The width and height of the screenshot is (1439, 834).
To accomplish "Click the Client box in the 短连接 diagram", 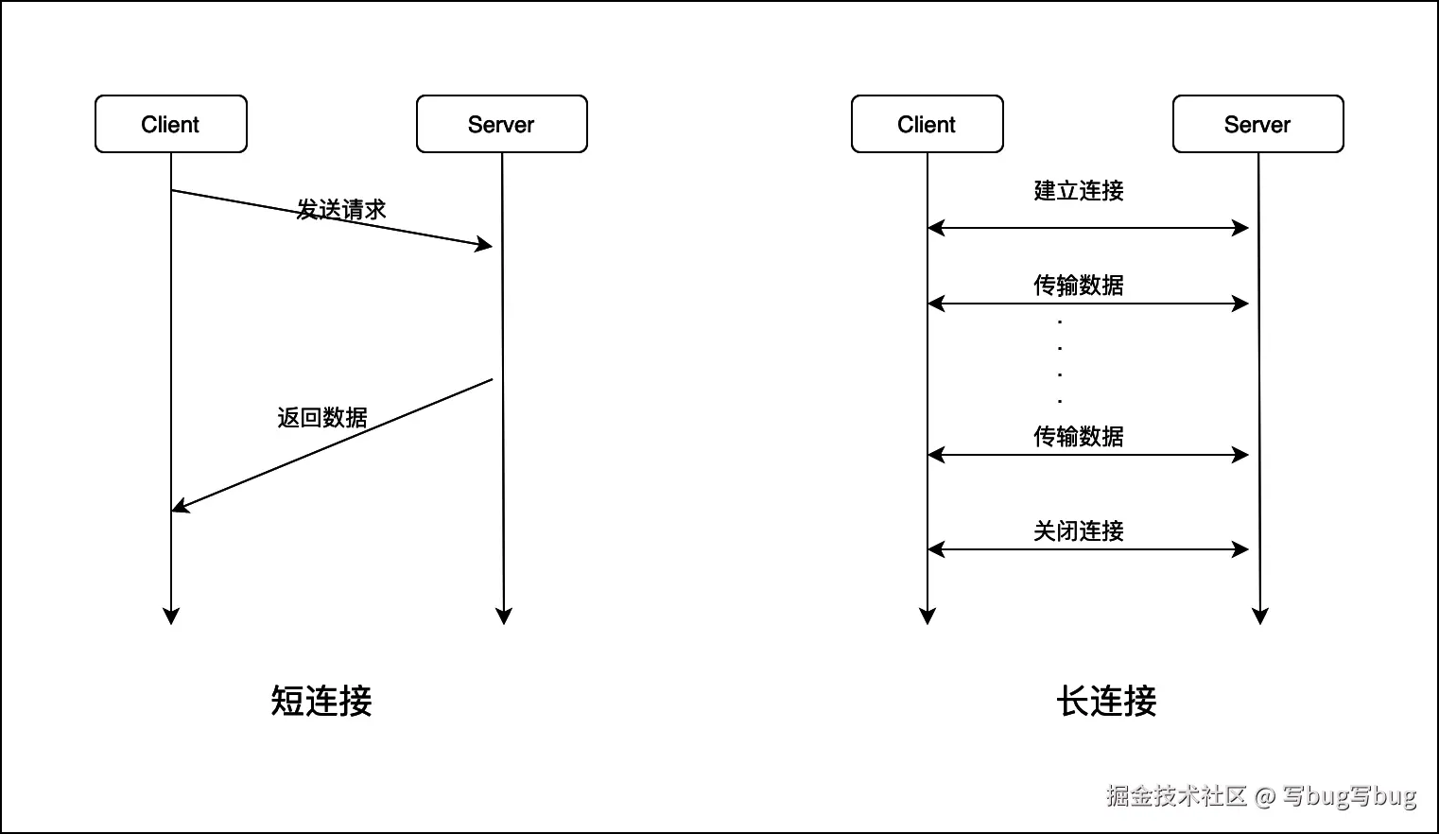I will click(171, 124).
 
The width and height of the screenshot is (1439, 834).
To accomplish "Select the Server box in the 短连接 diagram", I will click(502, 124).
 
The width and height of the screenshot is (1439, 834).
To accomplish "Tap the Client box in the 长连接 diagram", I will click(927, 124).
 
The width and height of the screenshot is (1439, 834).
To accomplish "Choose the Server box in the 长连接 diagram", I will click(1257, 124).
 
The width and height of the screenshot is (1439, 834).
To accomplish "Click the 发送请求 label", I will click(341, 209).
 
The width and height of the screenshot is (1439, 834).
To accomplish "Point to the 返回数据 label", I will click(322, 417).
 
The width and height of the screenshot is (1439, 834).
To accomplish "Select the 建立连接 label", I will click(1079, 190).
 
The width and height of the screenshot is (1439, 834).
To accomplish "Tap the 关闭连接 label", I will click(1079, 530).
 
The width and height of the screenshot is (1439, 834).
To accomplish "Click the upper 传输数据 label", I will click(1079, 285).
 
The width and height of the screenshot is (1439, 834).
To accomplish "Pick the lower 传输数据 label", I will click(1079, 436).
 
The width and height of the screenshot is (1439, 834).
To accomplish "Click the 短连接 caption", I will click(321, 701).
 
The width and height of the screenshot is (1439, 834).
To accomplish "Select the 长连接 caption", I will click(1106, 701).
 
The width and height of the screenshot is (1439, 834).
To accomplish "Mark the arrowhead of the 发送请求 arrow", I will click(485, 245).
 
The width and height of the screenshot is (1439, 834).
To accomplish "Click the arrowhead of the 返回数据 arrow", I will click(180, 508).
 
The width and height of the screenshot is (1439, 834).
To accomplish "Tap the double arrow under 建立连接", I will click(1088, 228).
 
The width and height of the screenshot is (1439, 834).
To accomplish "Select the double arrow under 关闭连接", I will click(1088, 549).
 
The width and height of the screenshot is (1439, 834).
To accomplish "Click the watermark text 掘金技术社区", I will click(1177, 795).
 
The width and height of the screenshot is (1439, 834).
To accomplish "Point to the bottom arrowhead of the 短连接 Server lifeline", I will click(504, 617).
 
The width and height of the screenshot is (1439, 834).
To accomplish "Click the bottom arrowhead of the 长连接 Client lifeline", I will click(928, 617).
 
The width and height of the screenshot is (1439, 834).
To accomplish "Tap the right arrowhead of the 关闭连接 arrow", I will click(1241, 549).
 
